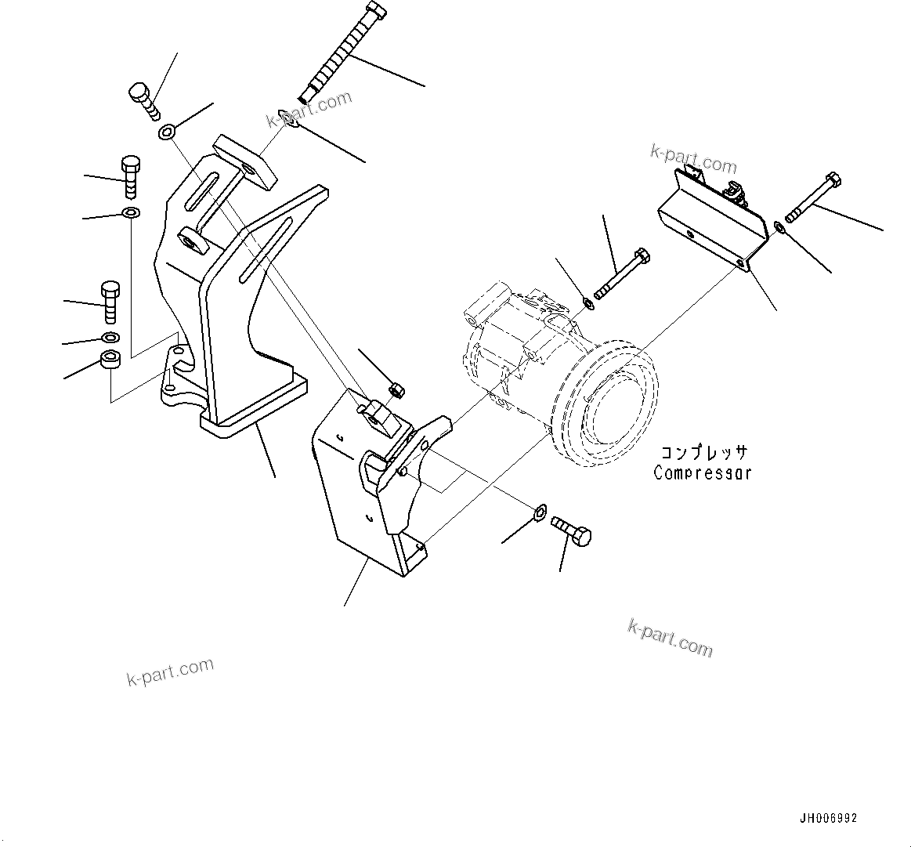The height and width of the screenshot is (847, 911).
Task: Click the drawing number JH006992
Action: [828, 818]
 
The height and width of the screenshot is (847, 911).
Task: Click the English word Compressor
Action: [703, 472]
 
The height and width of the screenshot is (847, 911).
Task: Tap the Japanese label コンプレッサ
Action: [704, 454]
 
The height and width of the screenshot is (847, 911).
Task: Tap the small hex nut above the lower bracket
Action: [396, 389]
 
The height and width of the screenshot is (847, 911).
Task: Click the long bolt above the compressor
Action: [620, 275]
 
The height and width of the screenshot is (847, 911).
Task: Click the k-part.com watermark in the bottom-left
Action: [170, 671]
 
